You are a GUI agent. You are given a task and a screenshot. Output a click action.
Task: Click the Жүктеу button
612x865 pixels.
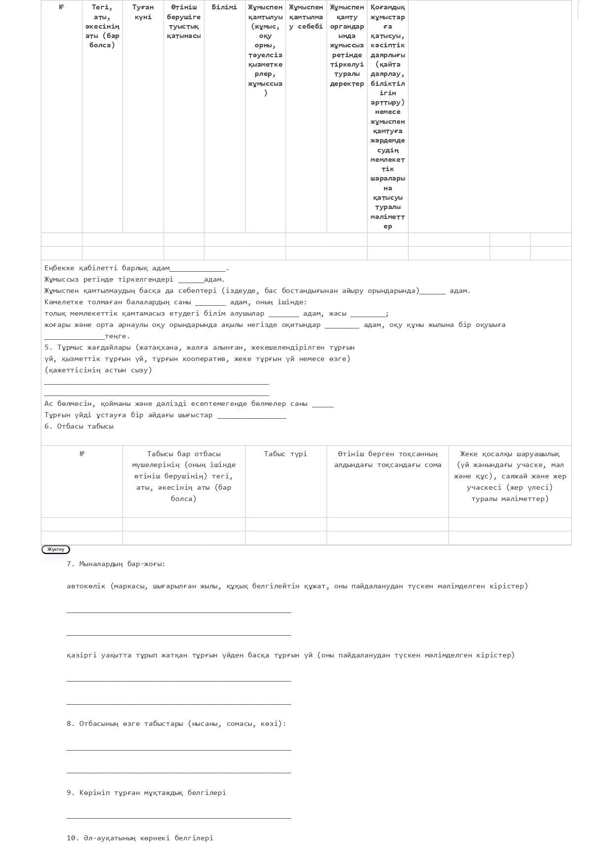(56, 549)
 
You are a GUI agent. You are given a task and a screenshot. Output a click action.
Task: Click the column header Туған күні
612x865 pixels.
(143, 12)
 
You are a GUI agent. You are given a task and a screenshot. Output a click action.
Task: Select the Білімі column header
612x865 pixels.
(224, 7)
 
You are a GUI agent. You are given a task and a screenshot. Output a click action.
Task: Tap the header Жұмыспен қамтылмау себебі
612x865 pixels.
(306, 17)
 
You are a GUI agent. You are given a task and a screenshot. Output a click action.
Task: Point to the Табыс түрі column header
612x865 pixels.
(285, 454)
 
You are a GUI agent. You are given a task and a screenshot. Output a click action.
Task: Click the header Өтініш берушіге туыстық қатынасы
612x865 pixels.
(184, 21)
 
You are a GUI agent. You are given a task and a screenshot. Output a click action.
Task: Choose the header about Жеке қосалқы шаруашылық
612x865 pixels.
(510, 476)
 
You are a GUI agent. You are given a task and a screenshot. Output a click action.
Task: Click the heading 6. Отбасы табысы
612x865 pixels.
(79, 426)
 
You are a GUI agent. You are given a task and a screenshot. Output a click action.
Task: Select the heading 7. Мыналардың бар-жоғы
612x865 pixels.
(116, 564)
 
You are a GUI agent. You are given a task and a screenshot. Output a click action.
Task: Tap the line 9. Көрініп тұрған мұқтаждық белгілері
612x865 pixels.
(146, 793)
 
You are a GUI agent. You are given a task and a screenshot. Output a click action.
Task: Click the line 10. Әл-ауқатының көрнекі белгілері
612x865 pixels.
(140, 838)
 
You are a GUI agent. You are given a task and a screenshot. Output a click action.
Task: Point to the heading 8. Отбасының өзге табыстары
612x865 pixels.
(176, 723)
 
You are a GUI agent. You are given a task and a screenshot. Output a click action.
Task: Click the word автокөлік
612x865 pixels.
(86, 586)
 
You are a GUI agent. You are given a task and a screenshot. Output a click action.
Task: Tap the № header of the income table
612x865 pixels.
(82, 454)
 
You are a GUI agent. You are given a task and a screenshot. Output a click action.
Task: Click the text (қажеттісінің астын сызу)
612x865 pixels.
(98, 370)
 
